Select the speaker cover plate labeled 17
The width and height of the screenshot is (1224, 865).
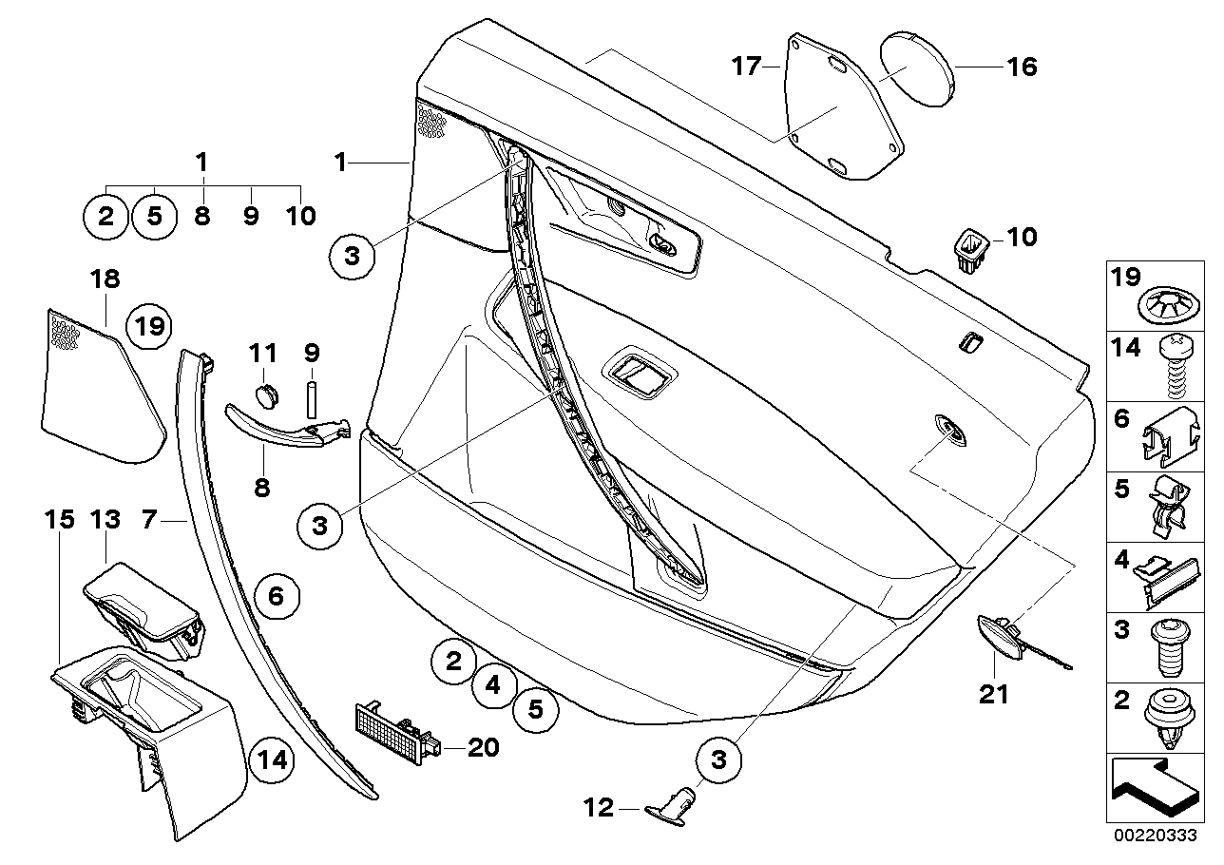(841, 109)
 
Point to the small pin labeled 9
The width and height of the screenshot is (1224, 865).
(311, 397)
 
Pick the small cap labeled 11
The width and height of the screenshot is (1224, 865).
(267, 392)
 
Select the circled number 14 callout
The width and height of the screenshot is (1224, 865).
(272, 759)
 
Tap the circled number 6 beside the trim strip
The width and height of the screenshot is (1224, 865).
(276, 597)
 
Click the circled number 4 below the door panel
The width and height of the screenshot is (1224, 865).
(494, 684)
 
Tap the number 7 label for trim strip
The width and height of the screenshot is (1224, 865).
(148, 520)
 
